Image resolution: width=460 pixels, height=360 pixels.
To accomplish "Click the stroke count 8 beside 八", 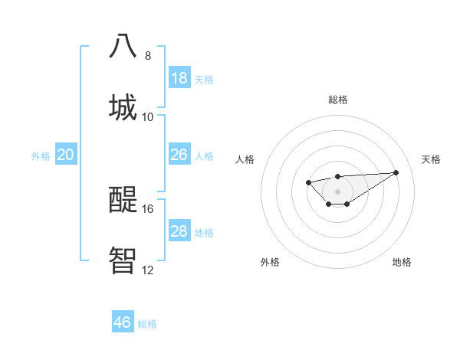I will click(147, 55).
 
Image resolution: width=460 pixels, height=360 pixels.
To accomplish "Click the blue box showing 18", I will click(179, 77).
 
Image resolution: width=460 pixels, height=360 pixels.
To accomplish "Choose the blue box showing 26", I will click(179, 155).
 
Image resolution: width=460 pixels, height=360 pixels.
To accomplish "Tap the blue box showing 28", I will click(179, 231).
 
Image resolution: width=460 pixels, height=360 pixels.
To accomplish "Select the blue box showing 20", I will click(66, 155).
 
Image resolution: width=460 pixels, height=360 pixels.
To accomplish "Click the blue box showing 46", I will click(123, 322).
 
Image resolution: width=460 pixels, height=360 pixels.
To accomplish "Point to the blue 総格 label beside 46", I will click(147, 324).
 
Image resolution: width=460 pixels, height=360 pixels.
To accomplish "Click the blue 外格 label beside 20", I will click(41, 156).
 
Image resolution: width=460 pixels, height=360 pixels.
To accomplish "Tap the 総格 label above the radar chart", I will click(337, 100).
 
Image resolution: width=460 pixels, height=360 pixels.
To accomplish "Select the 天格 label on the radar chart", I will click(431, 159).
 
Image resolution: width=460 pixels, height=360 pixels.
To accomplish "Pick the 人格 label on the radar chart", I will click(245, 159).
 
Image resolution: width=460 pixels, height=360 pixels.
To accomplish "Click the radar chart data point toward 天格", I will click(396, 172).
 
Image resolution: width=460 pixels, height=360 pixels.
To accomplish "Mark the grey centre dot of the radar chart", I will click(337, 191).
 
